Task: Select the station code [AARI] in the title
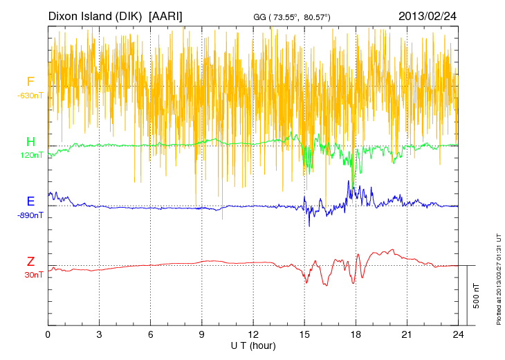click(x=166, y=16)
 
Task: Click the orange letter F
click(x=30, y=82)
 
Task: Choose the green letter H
click(x=30, y=142)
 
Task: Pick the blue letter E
click(x=30, y=201)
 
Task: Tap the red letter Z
click(x=30, y=262)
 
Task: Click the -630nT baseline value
click(x=30, y=95)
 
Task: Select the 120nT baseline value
click(x=31, y=155)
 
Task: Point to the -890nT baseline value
click(x=30, y=215)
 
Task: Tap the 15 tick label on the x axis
click(x=304, y=334)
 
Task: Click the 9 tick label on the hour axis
click(x=202, y=334)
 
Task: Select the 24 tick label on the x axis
click(x=459, y=334)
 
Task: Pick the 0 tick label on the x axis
click(x=48, y=334)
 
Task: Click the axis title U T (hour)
click(x=253, y=345)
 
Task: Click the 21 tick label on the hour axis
click(x=407, y=334)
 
